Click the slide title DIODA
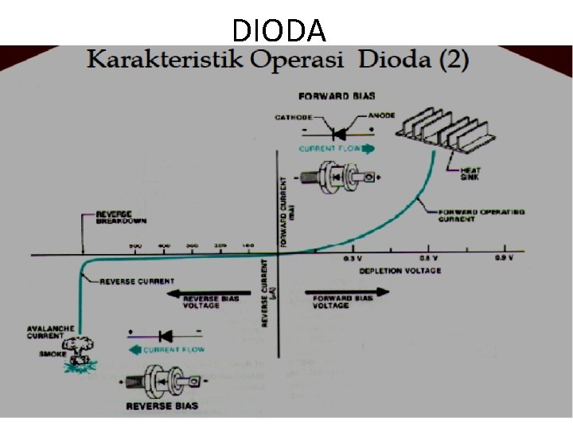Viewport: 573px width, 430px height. click(279, 30)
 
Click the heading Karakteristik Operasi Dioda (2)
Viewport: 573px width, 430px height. click(278, 61)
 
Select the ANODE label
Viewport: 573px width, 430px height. click(382, 116)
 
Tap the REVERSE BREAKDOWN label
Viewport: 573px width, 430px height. click(114, 217)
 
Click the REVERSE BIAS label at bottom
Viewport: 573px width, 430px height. click(162, 406)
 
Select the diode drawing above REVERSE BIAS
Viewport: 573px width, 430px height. click(162, 380)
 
